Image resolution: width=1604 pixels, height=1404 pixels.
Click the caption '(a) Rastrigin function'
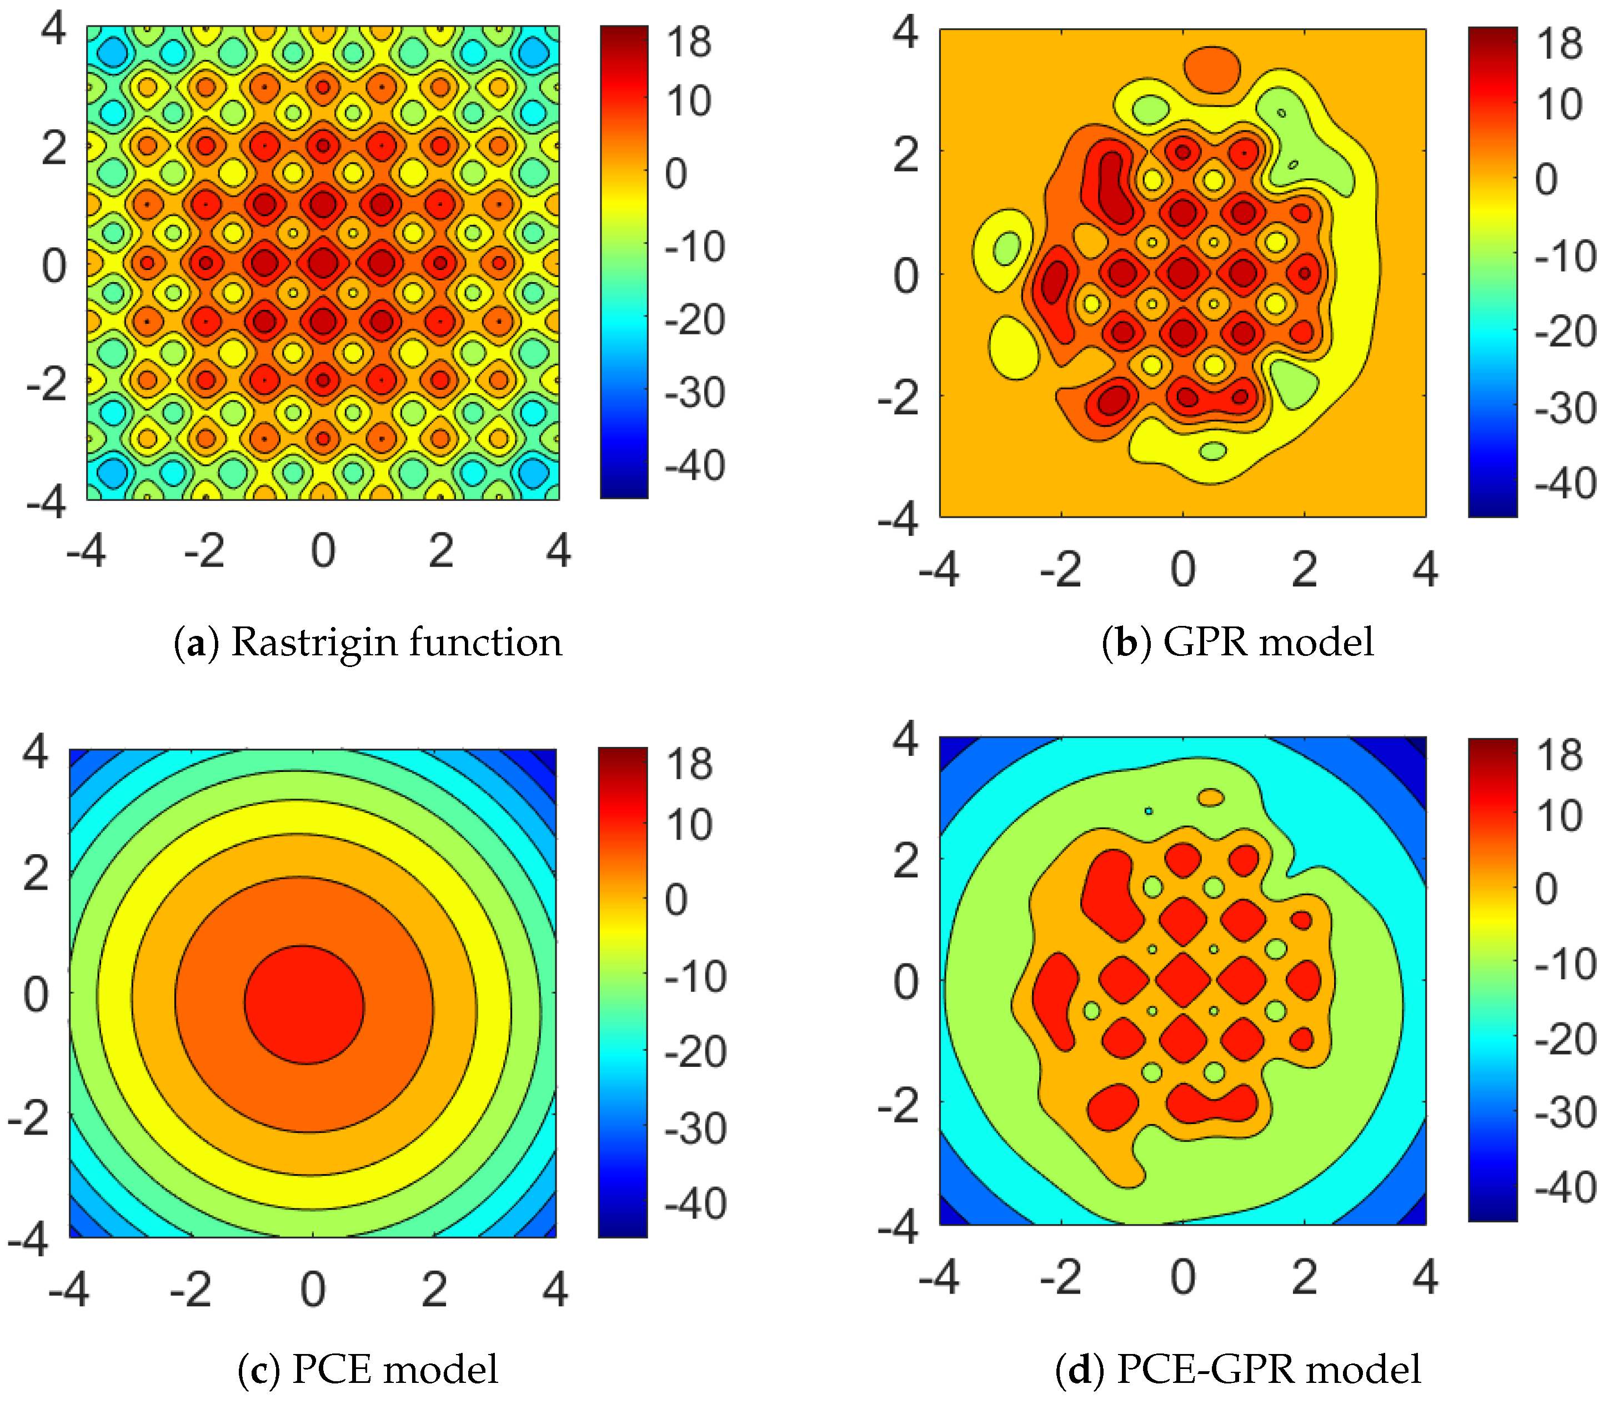(368, 643)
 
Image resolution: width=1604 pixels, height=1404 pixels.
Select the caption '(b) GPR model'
(1237, 643)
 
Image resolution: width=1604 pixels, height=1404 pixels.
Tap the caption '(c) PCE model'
(368, 1370)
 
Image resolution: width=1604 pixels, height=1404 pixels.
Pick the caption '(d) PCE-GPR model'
(1237, 1370)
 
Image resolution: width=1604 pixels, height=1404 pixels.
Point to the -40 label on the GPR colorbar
(1565, 483)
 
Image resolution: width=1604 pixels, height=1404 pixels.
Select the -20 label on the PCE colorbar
(695, 1052)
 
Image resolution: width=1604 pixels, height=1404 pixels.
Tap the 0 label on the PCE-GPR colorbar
(1546, 889)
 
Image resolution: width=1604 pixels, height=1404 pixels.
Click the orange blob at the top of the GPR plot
(1212, 69)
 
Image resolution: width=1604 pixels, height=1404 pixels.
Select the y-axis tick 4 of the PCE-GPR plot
(905, 739)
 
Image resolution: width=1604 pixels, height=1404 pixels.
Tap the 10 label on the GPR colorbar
(1560, 106)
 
